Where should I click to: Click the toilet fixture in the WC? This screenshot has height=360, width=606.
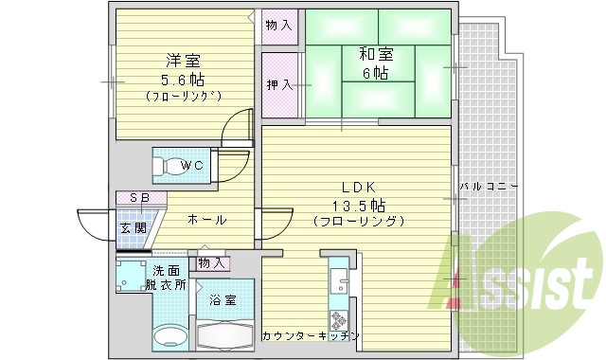pos(169,167)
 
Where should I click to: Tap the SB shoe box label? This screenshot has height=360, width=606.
pos(138,198)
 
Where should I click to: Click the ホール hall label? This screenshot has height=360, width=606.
pos(206,220)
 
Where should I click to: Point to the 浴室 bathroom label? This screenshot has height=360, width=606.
pos(223,300)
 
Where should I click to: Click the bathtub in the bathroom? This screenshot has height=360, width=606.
pos(225,334)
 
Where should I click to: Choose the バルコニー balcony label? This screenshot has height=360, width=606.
pos(489,187)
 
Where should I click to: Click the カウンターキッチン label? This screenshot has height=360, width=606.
pos(311,336)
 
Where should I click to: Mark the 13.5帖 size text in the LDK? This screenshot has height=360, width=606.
pos(360,205)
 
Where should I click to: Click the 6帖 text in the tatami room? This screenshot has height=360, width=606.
pos(376,73)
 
